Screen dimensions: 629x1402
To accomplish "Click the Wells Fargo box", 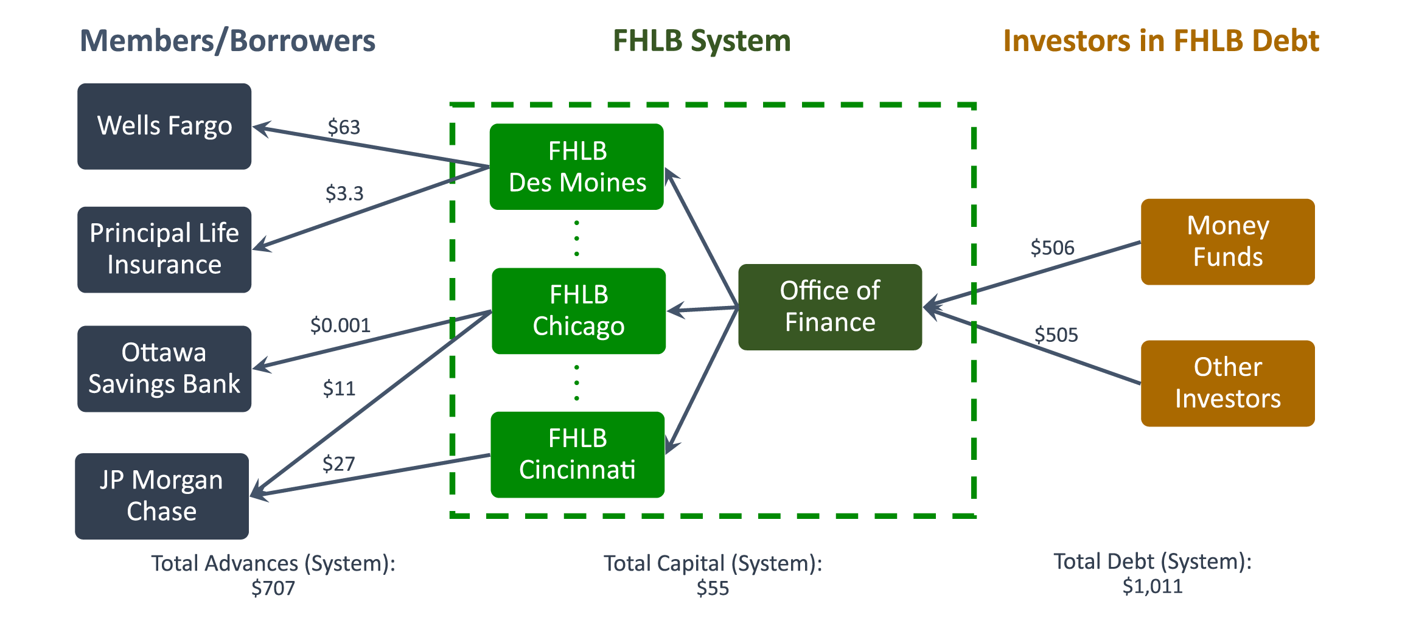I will pyautogui.click(x=164, y=126).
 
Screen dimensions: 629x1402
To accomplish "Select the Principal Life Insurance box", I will pyautogui.click(x=164, y=249).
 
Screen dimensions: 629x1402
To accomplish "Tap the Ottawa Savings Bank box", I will pyautogui.click(x=164, y=369).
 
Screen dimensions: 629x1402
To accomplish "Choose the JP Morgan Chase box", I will pyautogui.click(x=162, y=496).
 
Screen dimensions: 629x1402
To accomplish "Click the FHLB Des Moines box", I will pyautogui.click(x=577, y=167).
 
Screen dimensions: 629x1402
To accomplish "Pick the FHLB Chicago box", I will pyautogui.click(x=579, y=311).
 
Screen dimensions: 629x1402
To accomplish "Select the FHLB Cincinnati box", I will pyautogui.click(x=577, y=454).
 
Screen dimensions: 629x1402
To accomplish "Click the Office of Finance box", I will pyautogui.click(x=830, y=307).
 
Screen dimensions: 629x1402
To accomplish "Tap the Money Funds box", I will pyautogui.click(x=1227, y=242).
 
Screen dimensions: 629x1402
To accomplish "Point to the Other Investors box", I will pyautogui.click(x=1227, y=383).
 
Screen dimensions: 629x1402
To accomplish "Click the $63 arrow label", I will pyautogui.click(x=344, y=127).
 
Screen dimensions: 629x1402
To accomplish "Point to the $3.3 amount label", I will pyautogui.click(x=344, y=193).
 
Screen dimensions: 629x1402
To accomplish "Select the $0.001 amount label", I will pyautogui.click(x=340, y=325).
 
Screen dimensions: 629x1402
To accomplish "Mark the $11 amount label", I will pyautogui.click(x=339, y=388).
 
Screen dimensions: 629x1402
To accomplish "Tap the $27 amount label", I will pyautogui.click(x=338, y=464).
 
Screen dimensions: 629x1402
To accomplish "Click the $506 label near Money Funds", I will pyautogui.click(x=1052, y=248).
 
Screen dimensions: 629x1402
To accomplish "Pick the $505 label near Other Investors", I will pyautogui.click(x=1056, y=335).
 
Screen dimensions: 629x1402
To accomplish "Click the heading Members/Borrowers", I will pyautogui.click(x=228, y=41).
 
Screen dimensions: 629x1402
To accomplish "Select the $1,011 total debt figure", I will pyautogui.click(x=1153, y=586).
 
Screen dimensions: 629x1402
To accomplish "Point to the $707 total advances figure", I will pyautogui.click(x=273, y=588).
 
